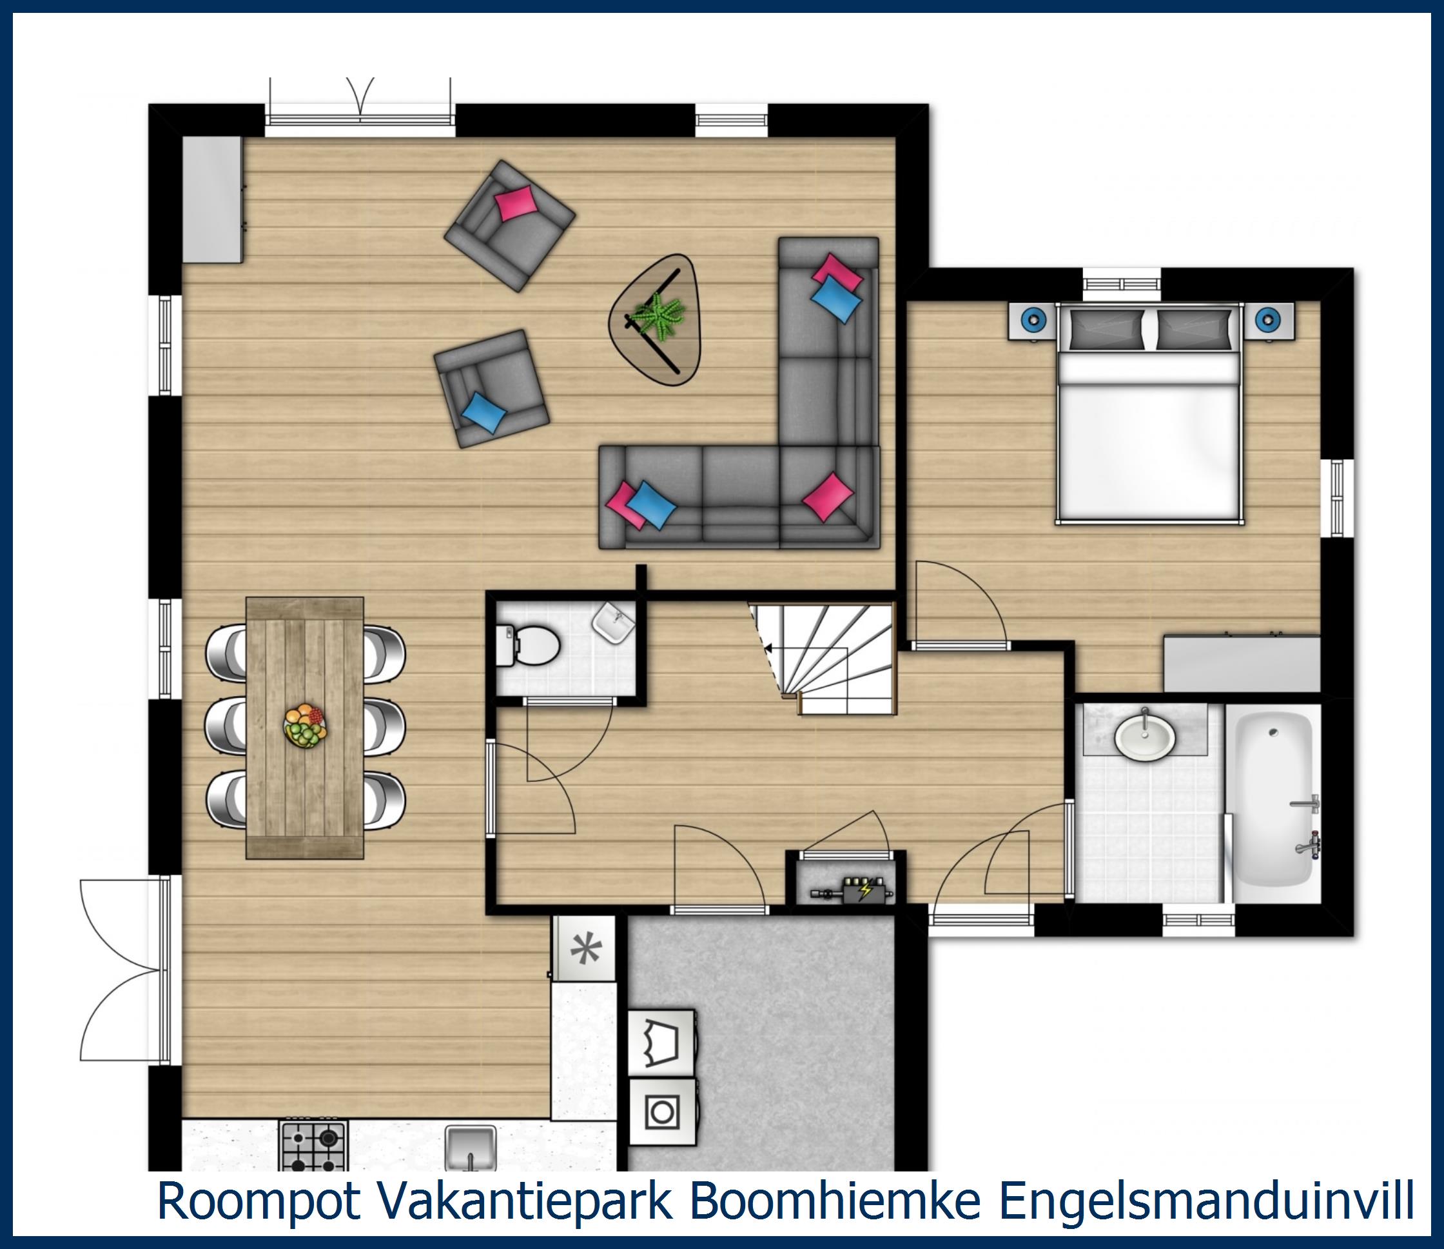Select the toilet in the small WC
coord(529,645)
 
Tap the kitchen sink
coord(471,1149)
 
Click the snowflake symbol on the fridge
coord(585,949)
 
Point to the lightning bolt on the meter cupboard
coord(866,890)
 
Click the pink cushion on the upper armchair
coord(516,203)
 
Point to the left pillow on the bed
coord(1106,329)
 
